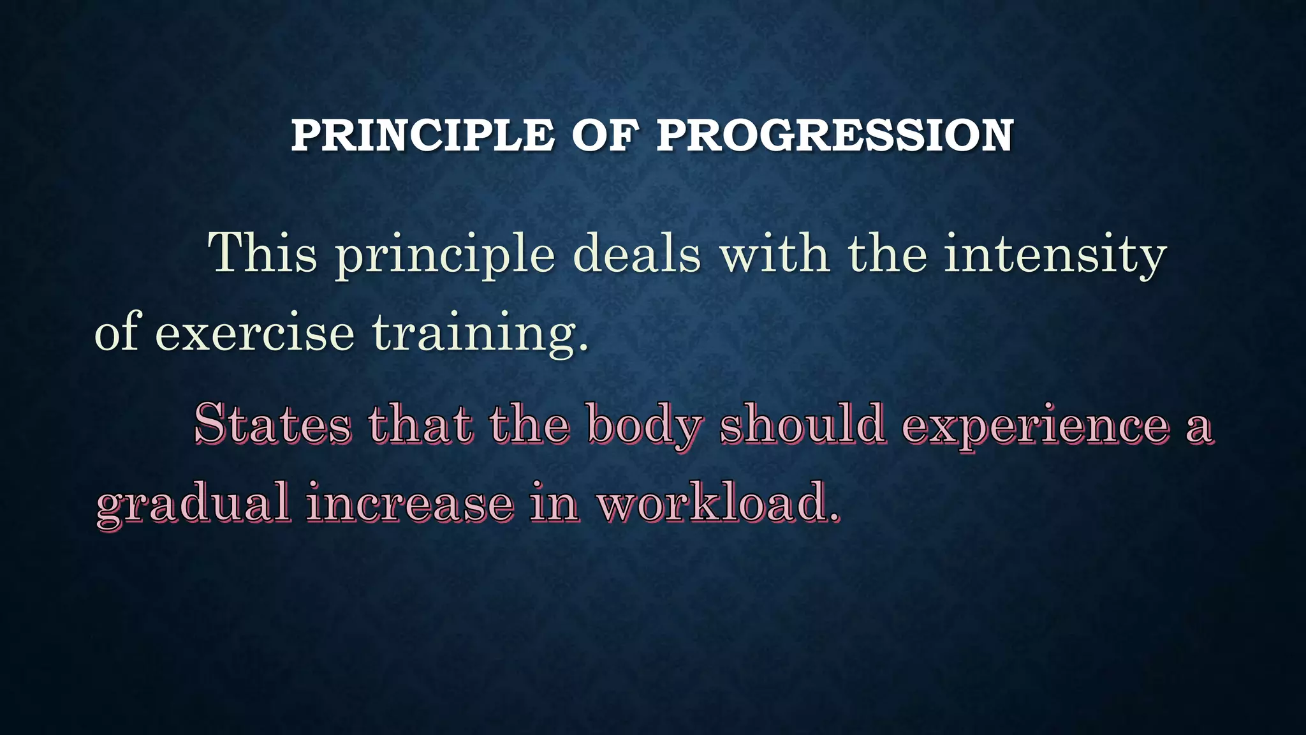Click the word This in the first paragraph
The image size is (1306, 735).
(x=263, y=253)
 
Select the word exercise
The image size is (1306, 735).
(x=254, y=332)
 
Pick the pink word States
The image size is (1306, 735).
(x=272, y=424)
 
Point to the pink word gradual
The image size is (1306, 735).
(x=193, y=504)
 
